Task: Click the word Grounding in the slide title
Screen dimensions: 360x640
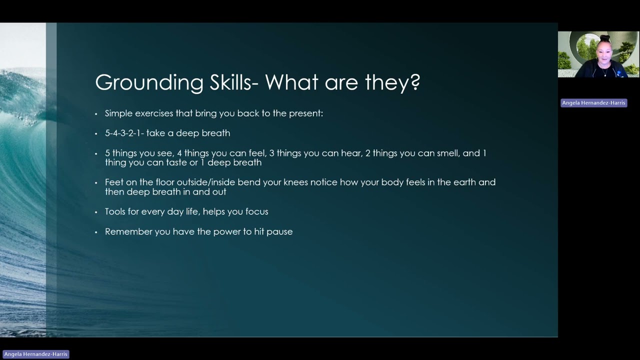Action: (x=149, y=83)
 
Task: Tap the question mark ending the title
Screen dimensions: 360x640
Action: (x=415, y=82)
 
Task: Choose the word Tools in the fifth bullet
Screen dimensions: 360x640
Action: (x=115, y=211)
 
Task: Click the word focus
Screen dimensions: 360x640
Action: (x=256, y=211)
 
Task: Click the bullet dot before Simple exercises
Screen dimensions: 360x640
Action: (x=96, y=114)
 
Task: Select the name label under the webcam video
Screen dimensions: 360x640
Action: (x=593, y=102)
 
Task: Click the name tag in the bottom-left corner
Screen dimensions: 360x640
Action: (x=35, y=354)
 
